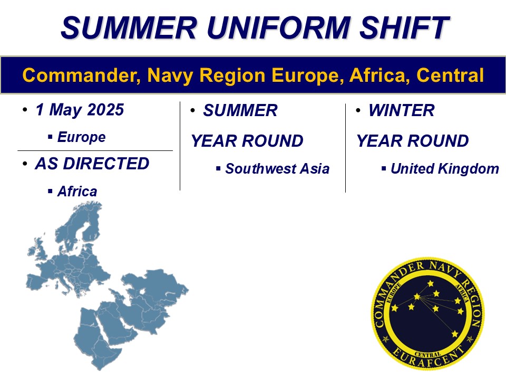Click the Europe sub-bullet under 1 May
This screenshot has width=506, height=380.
(x=81, y=137)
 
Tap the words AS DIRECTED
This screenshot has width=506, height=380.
(x=92, y=164)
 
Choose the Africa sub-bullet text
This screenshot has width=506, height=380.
(x=77, y=191)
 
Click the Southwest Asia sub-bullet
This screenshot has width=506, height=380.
(x=277, y=169)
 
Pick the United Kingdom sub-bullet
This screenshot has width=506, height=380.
(x=444, y=169)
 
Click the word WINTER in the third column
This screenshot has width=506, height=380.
(x=402, y=110)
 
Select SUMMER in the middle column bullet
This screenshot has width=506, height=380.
(x=240, y=110)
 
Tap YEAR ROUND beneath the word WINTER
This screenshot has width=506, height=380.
(x=412, y=141)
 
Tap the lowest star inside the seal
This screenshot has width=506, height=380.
(x=454, y=334)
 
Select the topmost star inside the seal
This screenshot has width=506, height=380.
(x=431, y=284)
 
